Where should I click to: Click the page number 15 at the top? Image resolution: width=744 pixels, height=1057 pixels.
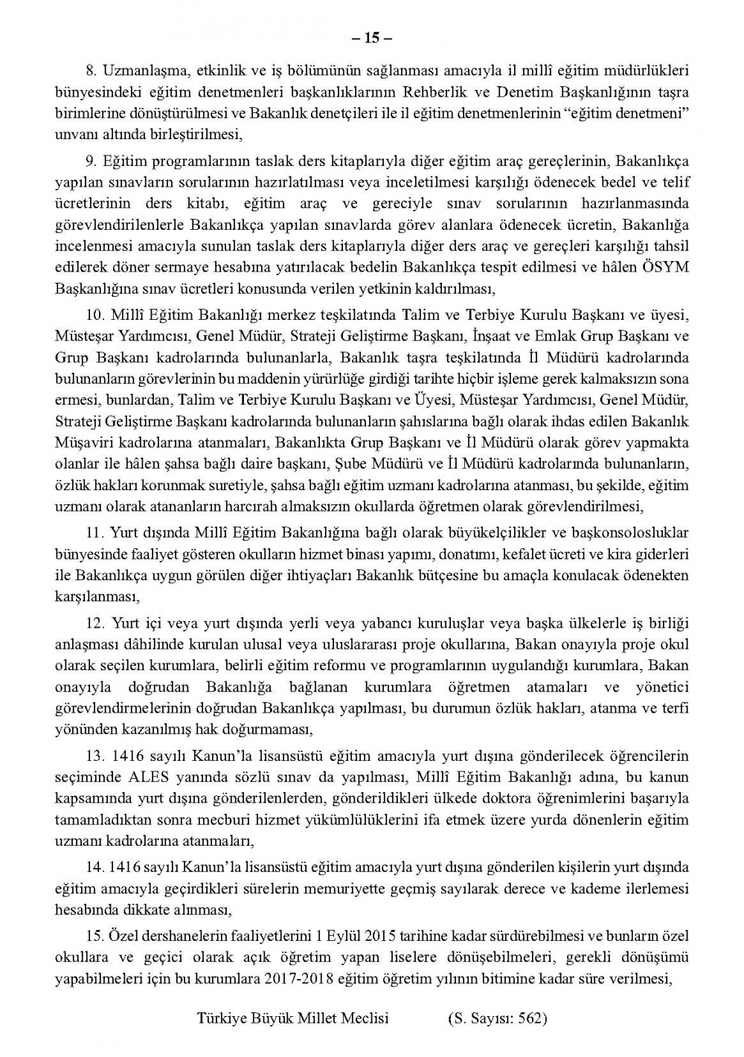pyautogui.click(x=372, y=37)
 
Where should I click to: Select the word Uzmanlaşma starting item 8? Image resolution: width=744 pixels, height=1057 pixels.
pyautogui.click(x=138, y=71)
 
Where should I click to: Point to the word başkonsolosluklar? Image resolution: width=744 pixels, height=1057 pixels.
pyautogui.click(x=634, y=533)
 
